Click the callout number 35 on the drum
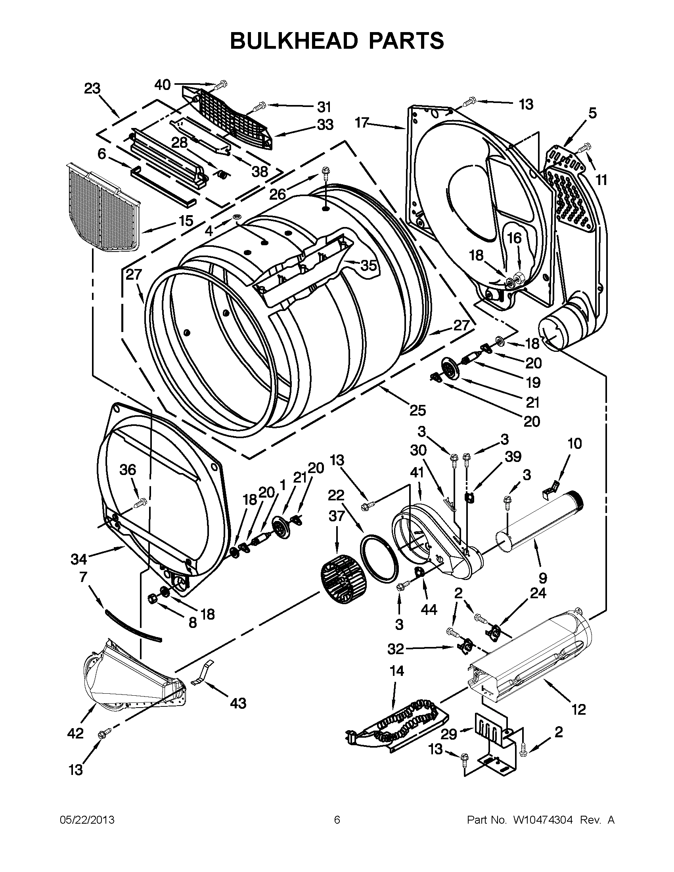point(368,265)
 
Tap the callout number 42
point(75,733)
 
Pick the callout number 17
point(362,123)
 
